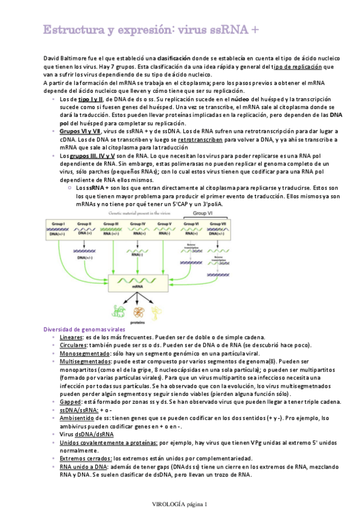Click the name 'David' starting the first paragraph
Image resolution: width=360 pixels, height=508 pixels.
tap(53, 58)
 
